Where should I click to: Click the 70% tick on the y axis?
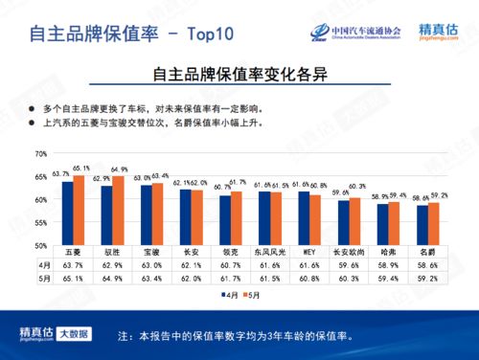(x=40, y=154)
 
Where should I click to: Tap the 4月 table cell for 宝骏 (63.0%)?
(x=152, y=264)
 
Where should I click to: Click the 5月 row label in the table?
(x=44, y=278)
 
